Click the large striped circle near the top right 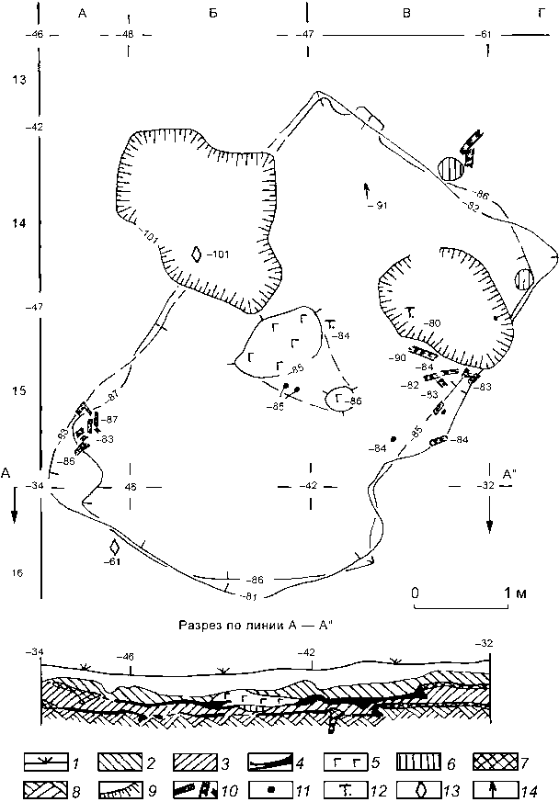[450, 169]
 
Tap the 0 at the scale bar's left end [416, 593]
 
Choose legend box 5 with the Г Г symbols [339, 762]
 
